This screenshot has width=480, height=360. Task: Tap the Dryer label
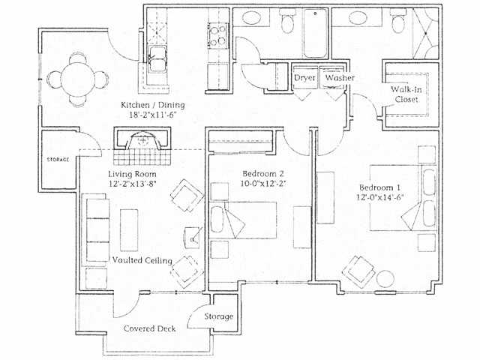[304, 78]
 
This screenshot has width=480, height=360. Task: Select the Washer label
[340, 78]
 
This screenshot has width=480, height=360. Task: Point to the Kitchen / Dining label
[153, 104]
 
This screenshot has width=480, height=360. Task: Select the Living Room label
[130, 174]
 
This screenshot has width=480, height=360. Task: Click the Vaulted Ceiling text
[142, 260]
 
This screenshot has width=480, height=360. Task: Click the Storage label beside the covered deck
[218, 316]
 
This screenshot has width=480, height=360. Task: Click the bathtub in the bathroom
[310, 34]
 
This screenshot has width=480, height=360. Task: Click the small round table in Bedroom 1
[385, 278]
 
